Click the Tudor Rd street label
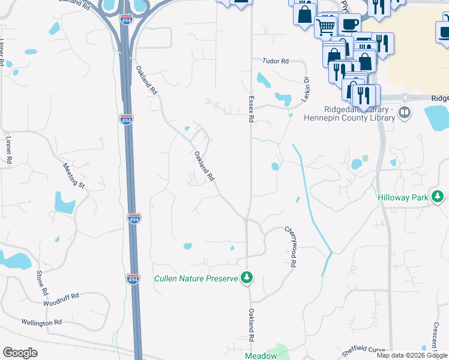point(276,61)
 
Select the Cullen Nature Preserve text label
point(196,278)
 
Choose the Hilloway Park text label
point(402,197)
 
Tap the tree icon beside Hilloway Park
point(439,196)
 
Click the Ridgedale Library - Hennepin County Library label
point(358,113)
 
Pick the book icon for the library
point(405,112)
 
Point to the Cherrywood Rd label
point(291,247)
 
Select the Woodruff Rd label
point(62,297)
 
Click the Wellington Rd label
point(42,322)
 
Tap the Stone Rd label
point(41,283)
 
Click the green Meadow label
point(261,356)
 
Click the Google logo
point(20,353)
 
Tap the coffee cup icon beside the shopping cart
point(349,23)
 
